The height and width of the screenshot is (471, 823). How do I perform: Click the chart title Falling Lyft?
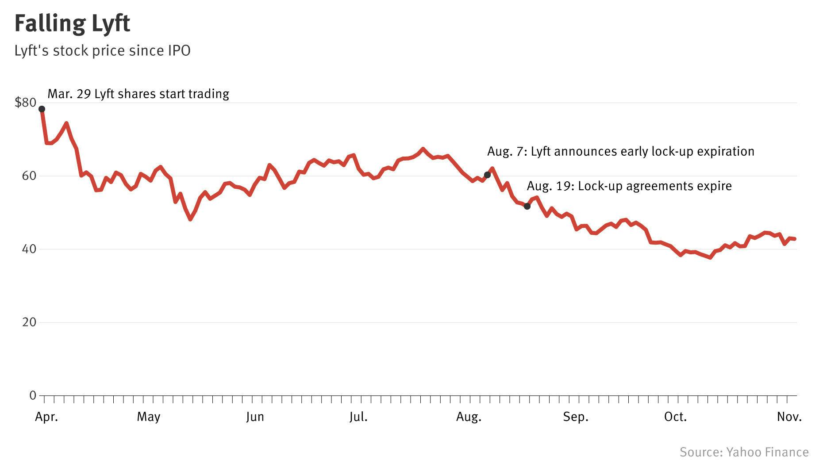point(72,24)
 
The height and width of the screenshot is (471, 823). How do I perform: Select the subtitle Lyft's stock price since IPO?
point(102,51)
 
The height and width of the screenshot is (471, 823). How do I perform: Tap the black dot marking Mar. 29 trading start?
point(42,109)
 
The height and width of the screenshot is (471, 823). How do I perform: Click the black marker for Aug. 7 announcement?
point(487,175)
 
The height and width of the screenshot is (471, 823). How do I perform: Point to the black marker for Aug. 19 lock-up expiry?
point(527,207)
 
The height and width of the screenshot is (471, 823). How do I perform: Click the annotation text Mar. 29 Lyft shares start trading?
point(138,94)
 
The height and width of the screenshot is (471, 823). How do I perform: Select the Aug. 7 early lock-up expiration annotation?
point(620,152)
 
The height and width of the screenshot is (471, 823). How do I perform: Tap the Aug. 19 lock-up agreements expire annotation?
point(629,186)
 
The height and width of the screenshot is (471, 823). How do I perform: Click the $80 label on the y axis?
point(25,103)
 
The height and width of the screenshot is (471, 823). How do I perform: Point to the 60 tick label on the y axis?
point(29,176)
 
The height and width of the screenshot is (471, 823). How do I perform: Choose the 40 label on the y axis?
point(29,249)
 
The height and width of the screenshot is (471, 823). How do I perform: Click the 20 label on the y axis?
point(29,322)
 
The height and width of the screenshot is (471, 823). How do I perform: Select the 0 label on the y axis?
point(32,395)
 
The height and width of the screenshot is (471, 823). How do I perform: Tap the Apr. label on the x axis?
point(46,417)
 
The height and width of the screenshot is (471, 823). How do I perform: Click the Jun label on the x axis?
point(255,417)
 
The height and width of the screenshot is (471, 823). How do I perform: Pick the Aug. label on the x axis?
point(469,417)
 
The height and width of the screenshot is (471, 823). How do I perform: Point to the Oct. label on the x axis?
point(675,417)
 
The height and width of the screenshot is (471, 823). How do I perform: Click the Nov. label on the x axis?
point(789,417)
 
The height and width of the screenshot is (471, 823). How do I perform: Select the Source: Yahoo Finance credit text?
point(744,452)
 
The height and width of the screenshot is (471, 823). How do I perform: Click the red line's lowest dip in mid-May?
point(190,219)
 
